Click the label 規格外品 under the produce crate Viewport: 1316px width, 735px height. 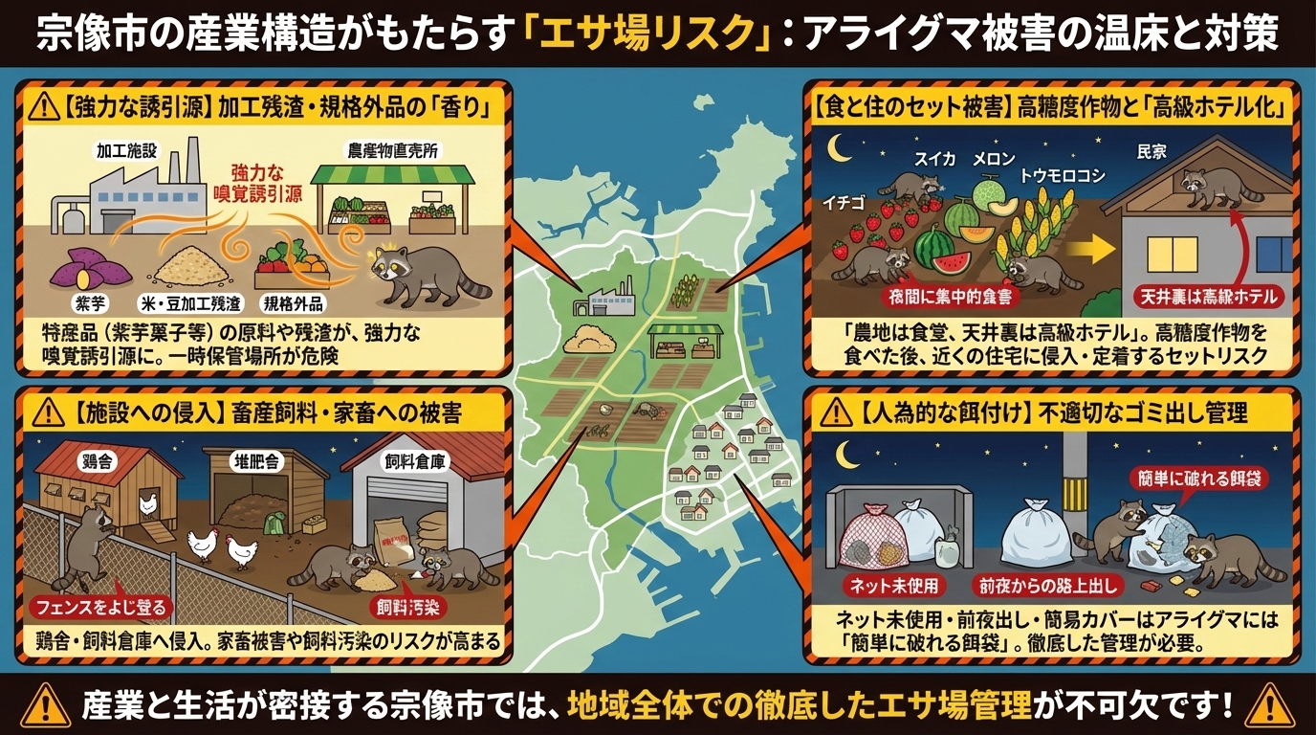pyautogui.click(x=295, y=303)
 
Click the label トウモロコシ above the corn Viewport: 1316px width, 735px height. pyautogui.click(x=1063, y=175)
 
